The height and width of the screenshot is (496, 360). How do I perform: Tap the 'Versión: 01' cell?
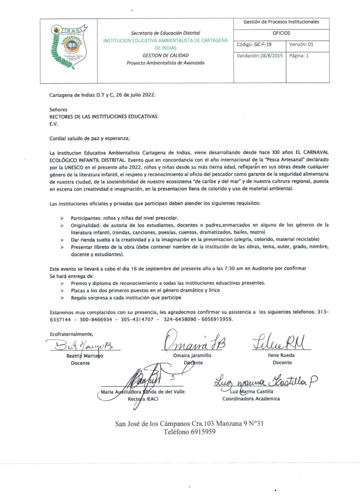click(x=301, y=45)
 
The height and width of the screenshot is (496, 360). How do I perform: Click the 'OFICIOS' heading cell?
click(x=281, y=33)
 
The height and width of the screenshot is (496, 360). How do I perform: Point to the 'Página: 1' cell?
click(x=299, y=56)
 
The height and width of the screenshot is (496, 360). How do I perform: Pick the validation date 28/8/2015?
click(x=271, y=56)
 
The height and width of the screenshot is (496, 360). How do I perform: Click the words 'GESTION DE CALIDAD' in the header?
click(x=165, y=55)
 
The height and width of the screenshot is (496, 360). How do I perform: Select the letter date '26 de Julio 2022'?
click(x=135, y=95)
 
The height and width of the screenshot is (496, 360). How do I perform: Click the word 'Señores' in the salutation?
click(x=58, y=110)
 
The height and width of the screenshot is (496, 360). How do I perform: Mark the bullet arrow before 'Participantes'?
click(x=62, y=218)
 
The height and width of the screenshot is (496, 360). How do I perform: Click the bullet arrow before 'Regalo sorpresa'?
click(x=62, y=298)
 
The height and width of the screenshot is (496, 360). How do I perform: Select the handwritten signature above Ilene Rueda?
click(x=278, y=342)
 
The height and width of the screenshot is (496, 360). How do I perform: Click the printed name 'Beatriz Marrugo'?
click(x=84, y=356)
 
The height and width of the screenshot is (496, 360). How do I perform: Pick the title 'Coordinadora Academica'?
click(x=251, y=398)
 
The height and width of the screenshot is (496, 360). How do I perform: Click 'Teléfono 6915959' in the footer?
click(x=189, y=432)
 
